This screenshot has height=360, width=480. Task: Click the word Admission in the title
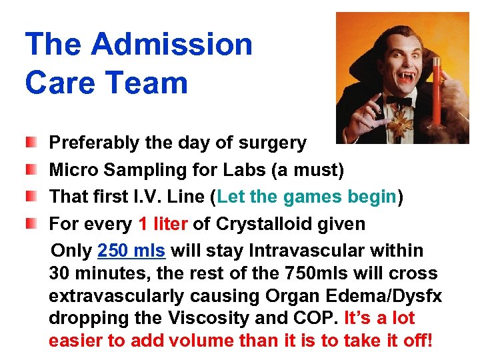pyautogui.click(x=172, y=45)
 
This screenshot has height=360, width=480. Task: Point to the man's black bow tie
pyautogui.click(x=399, y=102)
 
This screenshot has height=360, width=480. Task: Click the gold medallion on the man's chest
pyautogui.click(x=401, y=126)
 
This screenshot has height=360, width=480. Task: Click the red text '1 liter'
pyautogui.click(x=163, y=224)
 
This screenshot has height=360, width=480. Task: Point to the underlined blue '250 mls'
pyautogui.click(x=131, y=251)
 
